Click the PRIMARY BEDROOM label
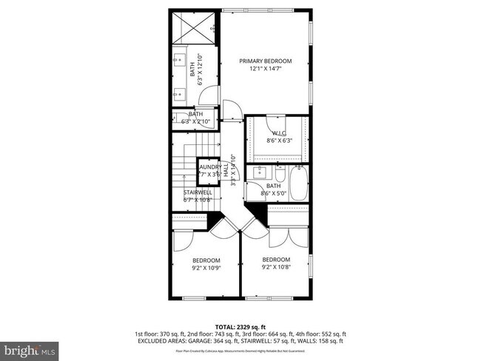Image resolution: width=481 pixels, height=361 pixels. click(x=265, y=61)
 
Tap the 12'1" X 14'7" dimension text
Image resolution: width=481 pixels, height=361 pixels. click(x=265, y=70)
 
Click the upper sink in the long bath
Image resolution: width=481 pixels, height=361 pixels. click(x=180, y=60)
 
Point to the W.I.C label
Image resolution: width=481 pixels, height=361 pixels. click(x=278, y=133)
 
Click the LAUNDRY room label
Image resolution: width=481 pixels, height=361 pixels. click(x=209, y=167)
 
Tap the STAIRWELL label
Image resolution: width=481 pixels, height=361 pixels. click(x=198, y=192)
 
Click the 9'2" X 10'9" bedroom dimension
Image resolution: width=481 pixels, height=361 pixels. click(x=206, y=268)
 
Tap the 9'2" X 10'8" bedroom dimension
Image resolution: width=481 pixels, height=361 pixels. click(x=276, y=268)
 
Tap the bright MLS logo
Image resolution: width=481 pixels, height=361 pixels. click(x=30, y=348)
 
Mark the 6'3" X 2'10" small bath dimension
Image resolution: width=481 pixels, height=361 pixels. click(x=196, y=121)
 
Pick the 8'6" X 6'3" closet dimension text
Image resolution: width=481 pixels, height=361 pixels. click(x=278, y=141)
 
